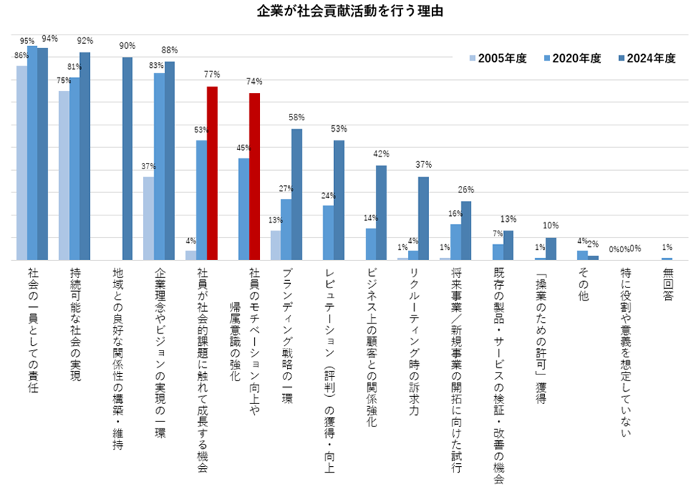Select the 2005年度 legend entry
[x=497, y=59]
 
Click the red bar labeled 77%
[x=212, y=173]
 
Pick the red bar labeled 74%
[x=254, y=176]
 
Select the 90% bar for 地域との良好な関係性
[x=127, y=158]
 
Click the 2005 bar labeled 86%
[x=22, y=163]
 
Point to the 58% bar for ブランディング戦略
[x=297, y=194]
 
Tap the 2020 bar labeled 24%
[x=328, y=233]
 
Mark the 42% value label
[x=381, y=154]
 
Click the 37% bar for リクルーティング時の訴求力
[x=423, y=218]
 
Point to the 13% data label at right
[x=508, y=219]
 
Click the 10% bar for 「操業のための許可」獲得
[x=551, y=249]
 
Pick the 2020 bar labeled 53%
[x=202, y=200]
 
